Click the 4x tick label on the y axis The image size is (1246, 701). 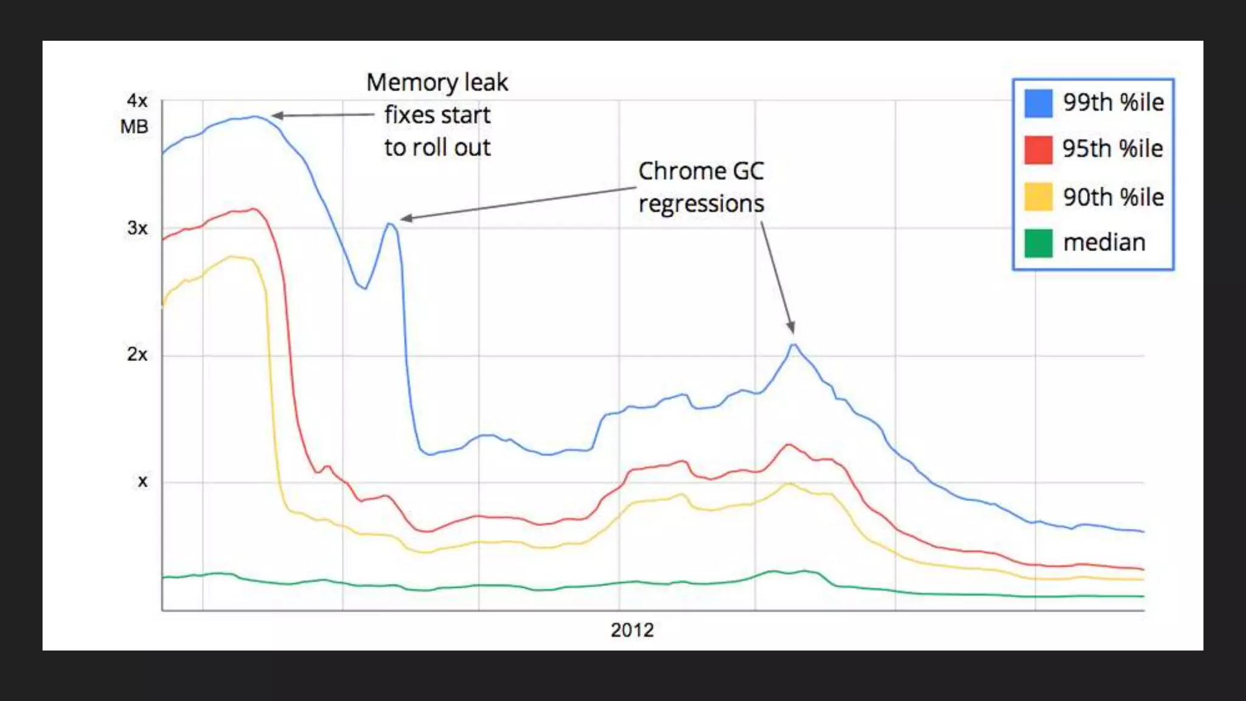137,100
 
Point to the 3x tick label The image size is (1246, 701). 137,228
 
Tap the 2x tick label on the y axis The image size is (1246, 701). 137,354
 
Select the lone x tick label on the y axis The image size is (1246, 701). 142,481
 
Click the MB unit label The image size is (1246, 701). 134,127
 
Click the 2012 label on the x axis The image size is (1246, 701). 632,630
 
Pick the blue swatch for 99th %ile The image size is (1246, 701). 1038,103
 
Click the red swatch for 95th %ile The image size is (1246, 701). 1038,150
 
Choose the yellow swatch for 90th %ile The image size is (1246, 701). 1038,197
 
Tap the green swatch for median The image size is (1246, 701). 1038,243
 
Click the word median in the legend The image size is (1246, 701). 1104,243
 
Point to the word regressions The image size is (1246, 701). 701,204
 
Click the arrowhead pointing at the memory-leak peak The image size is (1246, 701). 276,115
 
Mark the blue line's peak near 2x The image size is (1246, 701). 793,344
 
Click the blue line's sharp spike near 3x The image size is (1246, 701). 390,223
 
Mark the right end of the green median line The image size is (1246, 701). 1143,596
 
